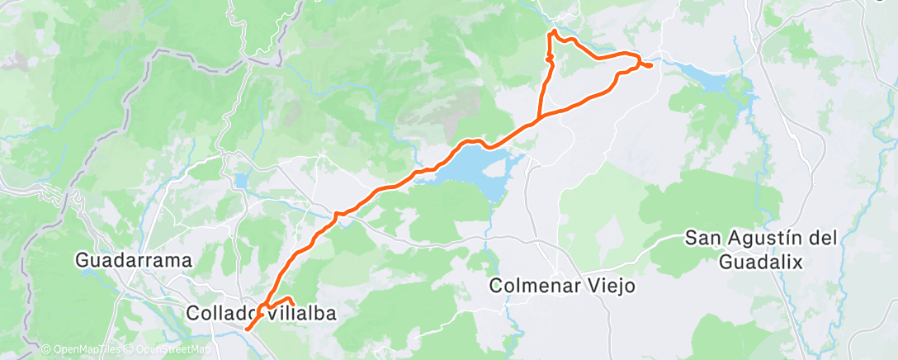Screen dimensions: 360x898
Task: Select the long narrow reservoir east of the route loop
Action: tap(710, 79)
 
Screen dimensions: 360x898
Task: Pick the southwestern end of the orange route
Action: tap(247, 331)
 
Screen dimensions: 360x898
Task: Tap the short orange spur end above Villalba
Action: tap(293, 303)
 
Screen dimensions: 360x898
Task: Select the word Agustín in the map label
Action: tap(761, 239)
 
